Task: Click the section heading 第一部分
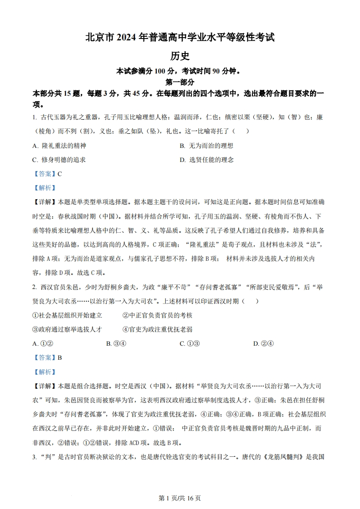pyautogui.click(x=180, y=82)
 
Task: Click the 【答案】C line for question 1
pyautogui.click(x=47, y=173)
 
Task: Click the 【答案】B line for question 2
pyautogui.click(x=47, y=357)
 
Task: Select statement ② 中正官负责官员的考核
pyautogui.click(x=158, y=315)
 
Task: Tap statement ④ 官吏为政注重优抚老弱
pyautogui.click(x=158, y=329)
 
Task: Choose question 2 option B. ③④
pyautogui.click(x=116, y=343)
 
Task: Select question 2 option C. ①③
pyautogui.click(x=190, y=343)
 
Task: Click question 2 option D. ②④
pyautogui.click(x=263, y=343)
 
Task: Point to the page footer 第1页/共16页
pyautogui.click(x=180, y=498)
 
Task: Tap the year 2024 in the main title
pyautogui.click(x=128, y=38)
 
